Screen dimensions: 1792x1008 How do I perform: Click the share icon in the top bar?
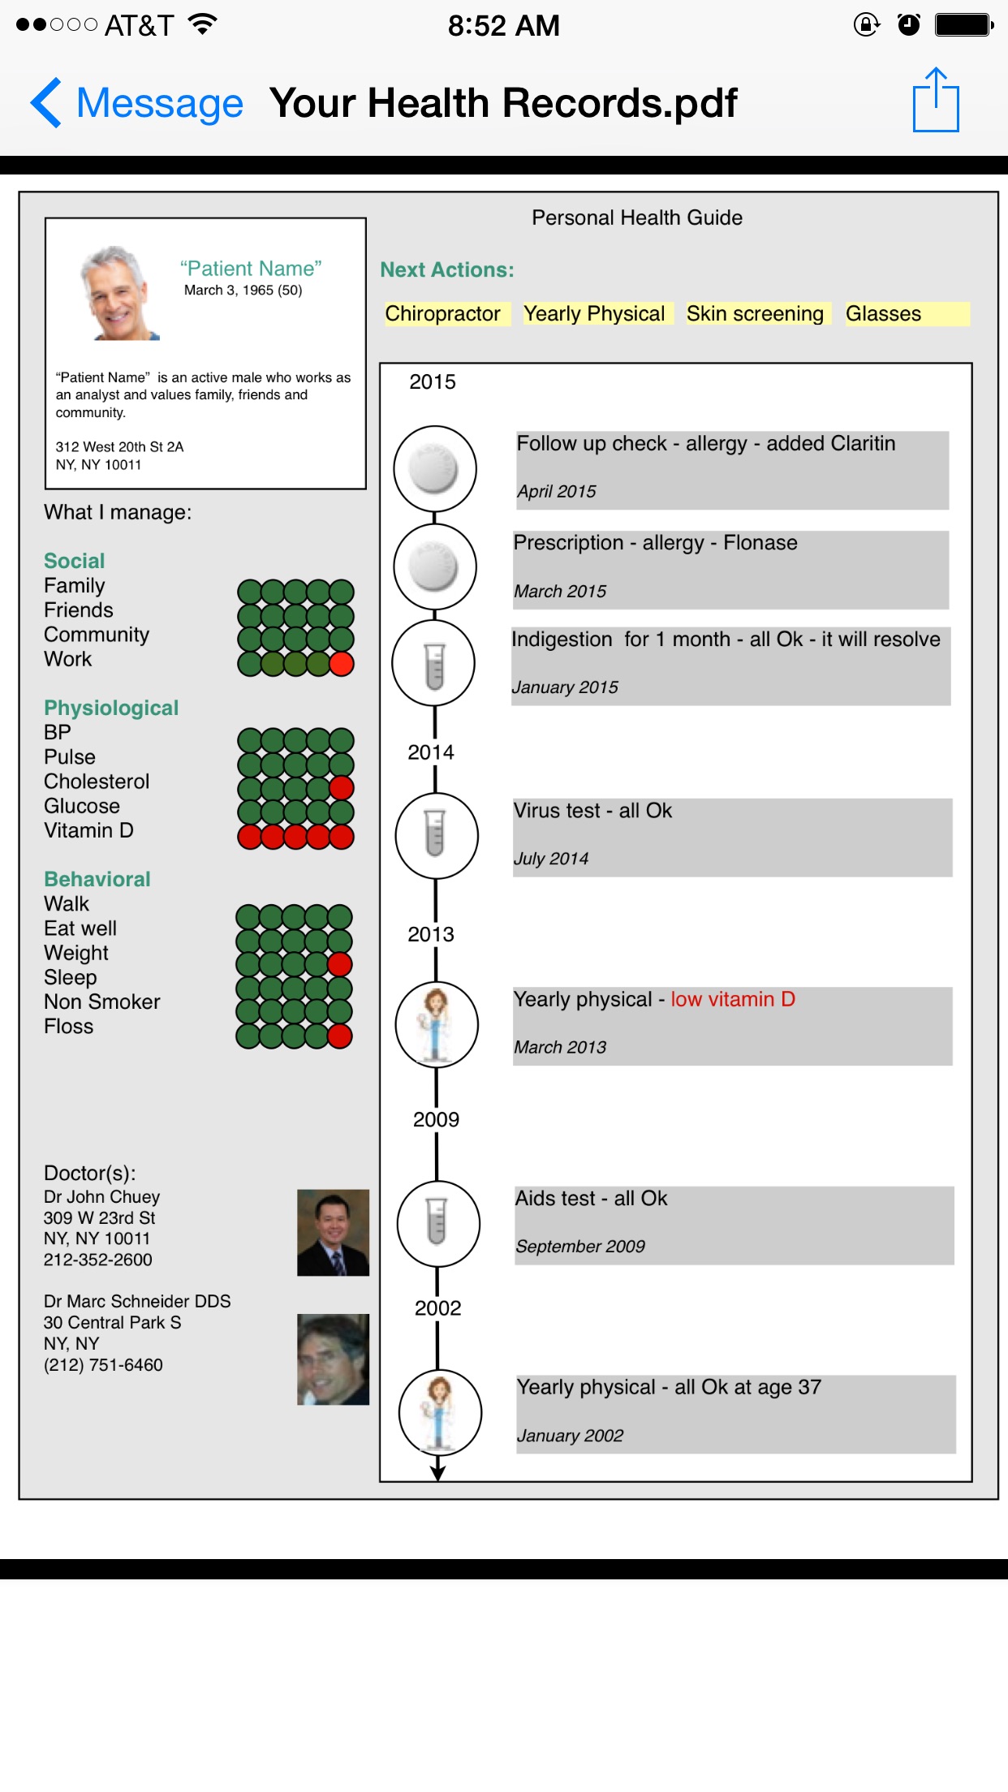click(936, 101)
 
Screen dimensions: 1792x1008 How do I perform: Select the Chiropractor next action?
click(443, 314)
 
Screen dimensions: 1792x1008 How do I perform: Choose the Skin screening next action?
click(755, 314)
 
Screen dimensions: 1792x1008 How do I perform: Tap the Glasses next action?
click(884, 314)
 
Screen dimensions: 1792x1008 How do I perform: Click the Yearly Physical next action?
click(594, 314)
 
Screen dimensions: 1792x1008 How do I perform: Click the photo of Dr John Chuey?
click(333, 1232)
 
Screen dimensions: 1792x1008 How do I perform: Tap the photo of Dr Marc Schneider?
click(333, 1359)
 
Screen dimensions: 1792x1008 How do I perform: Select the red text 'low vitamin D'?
click(733, 999)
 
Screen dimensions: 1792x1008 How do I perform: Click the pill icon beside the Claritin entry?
click(435, 469)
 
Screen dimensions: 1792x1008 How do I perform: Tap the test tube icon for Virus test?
click(436, 835)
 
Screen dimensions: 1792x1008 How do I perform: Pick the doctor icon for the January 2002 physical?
click(440, 1412)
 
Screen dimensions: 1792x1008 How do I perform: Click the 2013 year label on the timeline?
click(431, 934)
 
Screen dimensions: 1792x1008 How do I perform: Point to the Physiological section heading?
click(111, 708)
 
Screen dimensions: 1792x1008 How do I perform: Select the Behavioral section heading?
click(97, 879)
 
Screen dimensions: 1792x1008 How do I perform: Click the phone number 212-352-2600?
click(98, 1260)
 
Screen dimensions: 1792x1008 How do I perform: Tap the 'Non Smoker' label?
click(102, 1002)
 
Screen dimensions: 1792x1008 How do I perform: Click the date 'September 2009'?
click(580, 1246)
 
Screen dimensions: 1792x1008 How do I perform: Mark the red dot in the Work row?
click(342, 664)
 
